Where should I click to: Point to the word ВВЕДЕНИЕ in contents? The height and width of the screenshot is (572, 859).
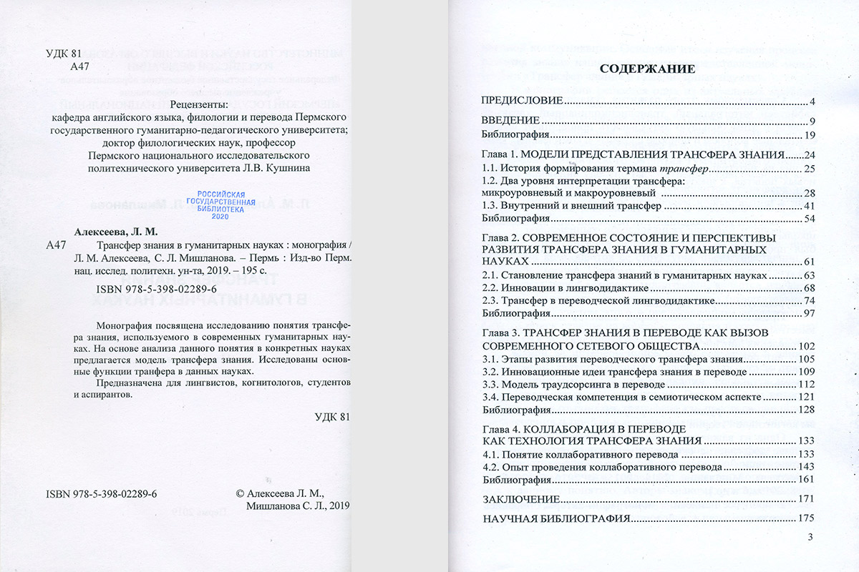510,119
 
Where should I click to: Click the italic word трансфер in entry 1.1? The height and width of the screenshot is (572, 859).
684,168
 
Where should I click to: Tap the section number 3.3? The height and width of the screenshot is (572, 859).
490,383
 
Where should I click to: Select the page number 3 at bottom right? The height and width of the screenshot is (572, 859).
810,537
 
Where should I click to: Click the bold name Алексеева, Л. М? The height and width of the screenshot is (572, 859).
116,232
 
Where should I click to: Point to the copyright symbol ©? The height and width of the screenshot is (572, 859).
240,493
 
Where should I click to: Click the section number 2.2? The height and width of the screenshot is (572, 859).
490,287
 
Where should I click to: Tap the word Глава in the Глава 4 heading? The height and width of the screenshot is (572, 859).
496,428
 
